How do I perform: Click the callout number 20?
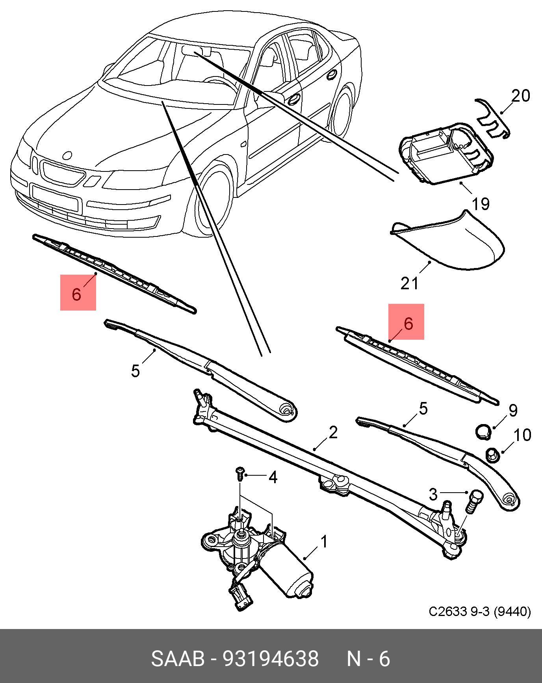point(520,96)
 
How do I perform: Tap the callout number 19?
point(480,204)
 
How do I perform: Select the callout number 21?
point(409,283)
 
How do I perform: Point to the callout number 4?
point(273,478)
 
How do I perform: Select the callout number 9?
point(512,410)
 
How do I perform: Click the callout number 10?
point(522,435)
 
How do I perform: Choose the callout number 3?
point(433,494)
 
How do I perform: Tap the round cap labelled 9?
point(483,432)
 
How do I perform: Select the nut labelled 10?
point(492,455)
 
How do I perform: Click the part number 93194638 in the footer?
point(271,659)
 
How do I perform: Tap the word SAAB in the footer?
point(178,659)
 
